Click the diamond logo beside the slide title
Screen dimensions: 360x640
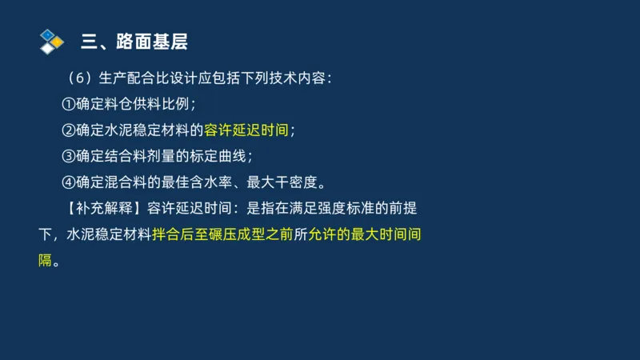click(51, 41)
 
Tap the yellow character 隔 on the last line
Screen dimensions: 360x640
click(45, 261)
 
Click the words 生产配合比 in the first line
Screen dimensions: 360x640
click(133, 78)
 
